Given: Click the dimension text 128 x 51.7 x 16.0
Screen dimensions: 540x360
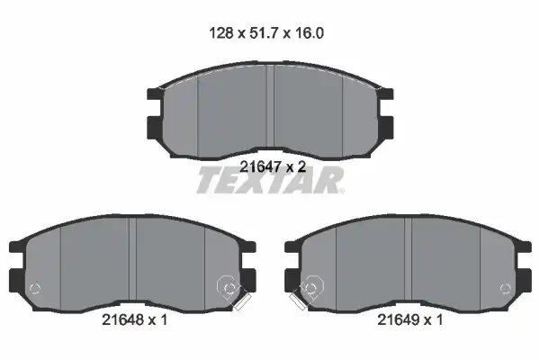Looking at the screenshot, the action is coord(266,33).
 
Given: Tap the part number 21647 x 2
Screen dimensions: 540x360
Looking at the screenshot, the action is coord(273,167).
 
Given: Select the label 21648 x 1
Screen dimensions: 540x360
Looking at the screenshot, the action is coord(135,320).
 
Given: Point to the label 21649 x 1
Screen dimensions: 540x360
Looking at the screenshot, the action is coord(410,320).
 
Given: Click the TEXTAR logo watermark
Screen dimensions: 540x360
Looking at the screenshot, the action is coord(270,180).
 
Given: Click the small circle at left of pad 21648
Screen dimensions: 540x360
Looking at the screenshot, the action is coord(35,288).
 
